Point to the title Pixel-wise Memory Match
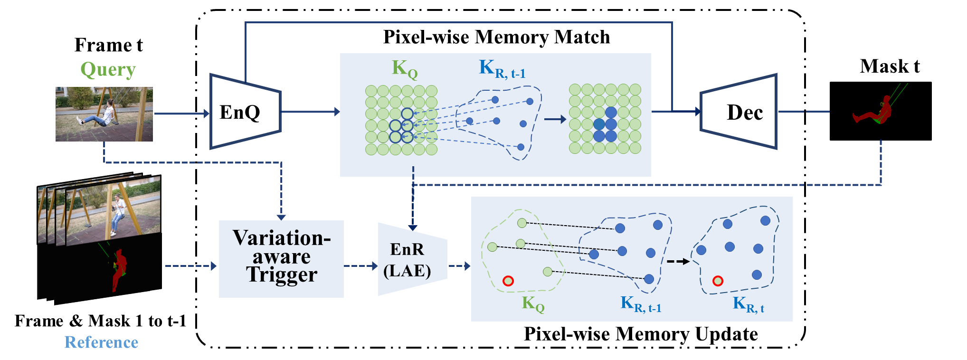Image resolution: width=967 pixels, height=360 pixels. tap(496, 37)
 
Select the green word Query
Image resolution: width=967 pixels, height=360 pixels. tap(108, 70)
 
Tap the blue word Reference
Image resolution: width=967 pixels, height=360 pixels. tap(101, 342)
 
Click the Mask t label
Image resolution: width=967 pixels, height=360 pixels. tap(889, 66)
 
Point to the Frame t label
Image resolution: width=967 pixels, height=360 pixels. tap(108, 45)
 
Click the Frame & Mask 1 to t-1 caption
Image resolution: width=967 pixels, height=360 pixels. tap(100, 321)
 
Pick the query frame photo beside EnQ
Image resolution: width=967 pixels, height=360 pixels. tap(104, 114)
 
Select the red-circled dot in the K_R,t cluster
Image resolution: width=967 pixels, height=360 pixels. tap(718, 281)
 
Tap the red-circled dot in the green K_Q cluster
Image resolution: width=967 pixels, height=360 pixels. tap(508, 281)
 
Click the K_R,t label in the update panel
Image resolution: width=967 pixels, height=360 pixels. tap(748, 304)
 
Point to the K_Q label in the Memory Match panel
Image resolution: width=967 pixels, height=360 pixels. tap(404, 69)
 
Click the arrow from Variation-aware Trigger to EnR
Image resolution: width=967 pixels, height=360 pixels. tap(360, 266)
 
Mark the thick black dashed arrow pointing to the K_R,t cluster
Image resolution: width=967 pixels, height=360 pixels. tap(678, 261)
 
